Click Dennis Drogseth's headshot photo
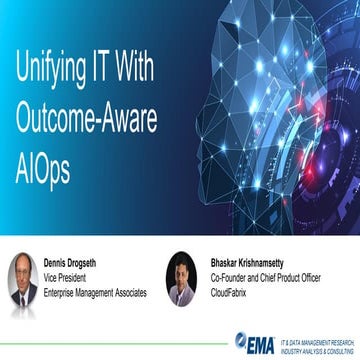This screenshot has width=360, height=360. click(x=24, y=278)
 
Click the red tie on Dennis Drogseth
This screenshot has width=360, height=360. click(x=24, y=294)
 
